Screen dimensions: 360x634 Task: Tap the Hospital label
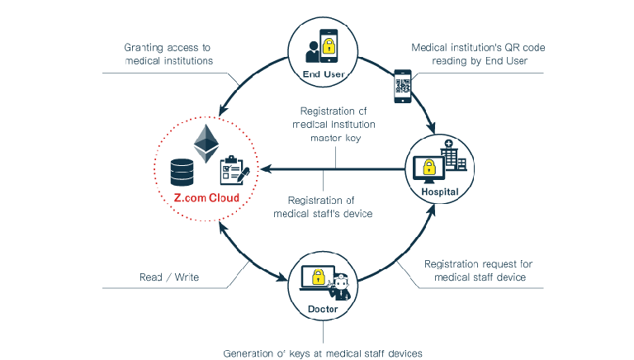tap(439, 191)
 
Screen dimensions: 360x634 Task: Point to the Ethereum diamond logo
tap(202, 143)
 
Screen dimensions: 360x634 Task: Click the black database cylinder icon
tap(180, 171)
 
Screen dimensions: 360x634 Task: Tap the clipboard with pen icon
tap(231, 172)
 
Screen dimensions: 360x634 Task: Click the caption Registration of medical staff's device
tap(324, 206)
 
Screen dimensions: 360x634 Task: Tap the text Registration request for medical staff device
tap(478, 271)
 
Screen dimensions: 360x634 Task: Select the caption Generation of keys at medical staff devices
tap(323, 353)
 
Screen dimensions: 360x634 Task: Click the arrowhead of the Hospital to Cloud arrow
tap(264, 170)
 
